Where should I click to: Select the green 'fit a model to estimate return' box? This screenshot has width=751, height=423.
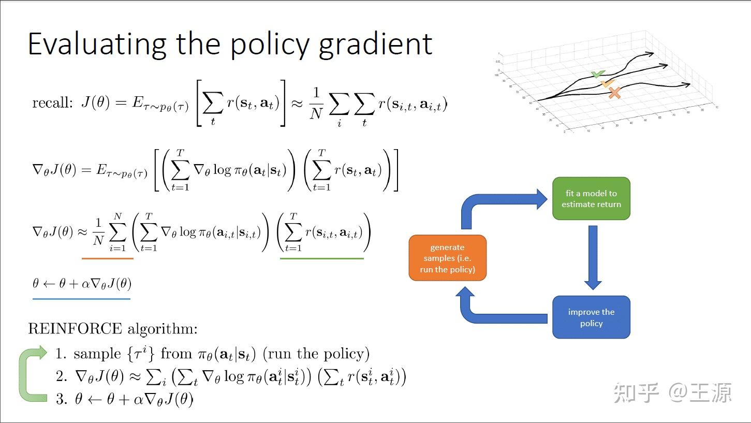pos(591,199)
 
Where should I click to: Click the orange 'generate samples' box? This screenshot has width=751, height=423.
pos(447,258)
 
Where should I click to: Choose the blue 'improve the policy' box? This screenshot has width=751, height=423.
pos(591,317)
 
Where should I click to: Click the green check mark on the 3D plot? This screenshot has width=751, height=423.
pos(598,75)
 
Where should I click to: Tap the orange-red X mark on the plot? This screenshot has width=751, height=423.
pos(614,93)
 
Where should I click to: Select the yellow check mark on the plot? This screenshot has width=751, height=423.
pos(607,83)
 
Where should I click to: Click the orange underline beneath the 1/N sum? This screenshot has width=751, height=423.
pos(108,258)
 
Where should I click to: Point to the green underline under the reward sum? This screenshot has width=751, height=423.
pos(321,258)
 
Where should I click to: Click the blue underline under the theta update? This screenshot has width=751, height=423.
pos(81,298)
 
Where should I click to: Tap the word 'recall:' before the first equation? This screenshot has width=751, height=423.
pos(52,103)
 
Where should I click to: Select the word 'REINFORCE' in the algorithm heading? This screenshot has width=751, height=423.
pos(75,328)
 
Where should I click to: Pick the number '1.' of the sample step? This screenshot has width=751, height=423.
pos(62,354)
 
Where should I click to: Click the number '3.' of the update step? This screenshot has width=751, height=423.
pos(62,399)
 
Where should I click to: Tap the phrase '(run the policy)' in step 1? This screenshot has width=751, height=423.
pos(316,354)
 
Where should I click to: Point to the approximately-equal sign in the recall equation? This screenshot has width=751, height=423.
pos(297,103)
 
